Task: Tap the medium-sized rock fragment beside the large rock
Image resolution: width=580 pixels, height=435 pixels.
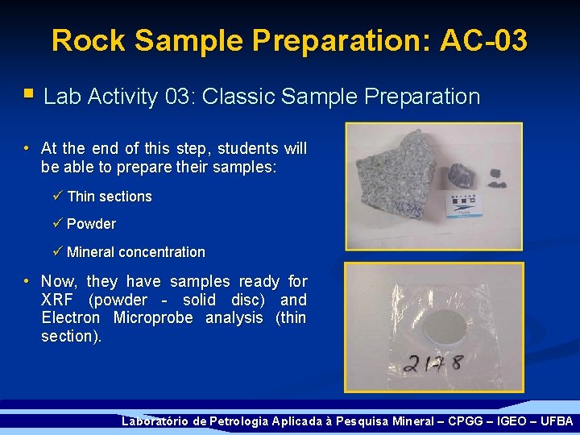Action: [462, 175]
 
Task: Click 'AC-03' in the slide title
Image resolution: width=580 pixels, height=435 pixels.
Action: [483, 40]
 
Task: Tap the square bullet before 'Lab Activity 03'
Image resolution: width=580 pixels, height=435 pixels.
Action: [29, 95]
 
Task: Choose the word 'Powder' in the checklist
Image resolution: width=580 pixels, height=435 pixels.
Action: [91, 224]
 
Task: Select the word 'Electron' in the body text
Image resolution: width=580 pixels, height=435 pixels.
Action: [72, 317]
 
